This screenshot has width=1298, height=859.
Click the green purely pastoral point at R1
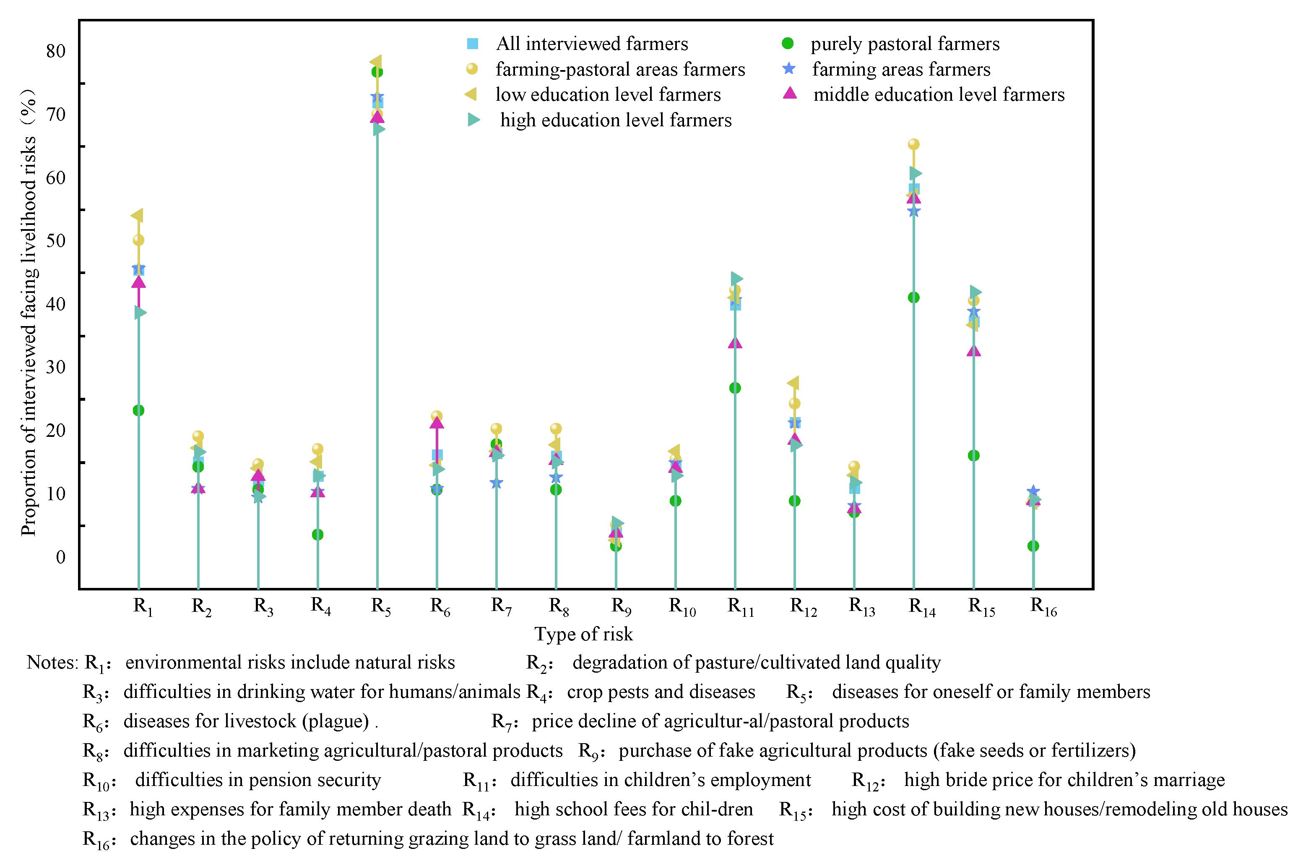coord(138,410)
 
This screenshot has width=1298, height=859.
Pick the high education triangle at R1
coord(140,312)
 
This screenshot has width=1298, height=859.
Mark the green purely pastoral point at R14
coord(913,298)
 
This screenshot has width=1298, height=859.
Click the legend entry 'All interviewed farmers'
coord(591,44)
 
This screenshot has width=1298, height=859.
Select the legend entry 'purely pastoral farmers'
coord(904,44)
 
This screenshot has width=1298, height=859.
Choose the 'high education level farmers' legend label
coord(615,120)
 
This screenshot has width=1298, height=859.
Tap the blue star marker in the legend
coord(789,69)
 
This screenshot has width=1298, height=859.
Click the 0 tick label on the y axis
coord(60,558)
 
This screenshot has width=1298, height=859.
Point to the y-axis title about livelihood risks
coord(29,312)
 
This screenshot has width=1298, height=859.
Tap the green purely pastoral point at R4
coord(317,535)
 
